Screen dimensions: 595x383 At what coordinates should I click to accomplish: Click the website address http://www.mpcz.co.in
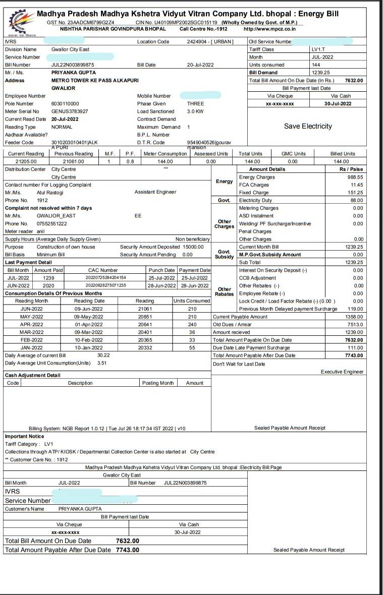click(269, 29)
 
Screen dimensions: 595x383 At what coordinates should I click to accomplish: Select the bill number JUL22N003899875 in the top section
click(73, 65)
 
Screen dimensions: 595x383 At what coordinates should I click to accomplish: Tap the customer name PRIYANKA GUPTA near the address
click(73, 73)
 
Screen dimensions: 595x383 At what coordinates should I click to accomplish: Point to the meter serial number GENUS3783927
click(70, 111)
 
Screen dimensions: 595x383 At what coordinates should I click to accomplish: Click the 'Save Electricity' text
click(308, 126)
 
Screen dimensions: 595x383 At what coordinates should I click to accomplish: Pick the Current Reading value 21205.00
click(26, 161)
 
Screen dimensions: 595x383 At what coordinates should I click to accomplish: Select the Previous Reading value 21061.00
click(74, 161)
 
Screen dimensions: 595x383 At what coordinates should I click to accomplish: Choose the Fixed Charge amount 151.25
click(354, 193)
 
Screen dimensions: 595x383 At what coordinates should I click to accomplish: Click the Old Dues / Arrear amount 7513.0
click(354, 325)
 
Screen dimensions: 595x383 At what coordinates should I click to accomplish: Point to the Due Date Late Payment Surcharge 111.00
click(355, 347)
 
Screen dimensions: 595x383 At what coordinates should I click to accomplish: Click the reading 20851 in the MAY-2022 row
click(145, 317)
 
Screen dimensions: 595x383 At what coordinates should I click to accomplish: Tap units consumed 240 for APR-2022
click(192, 324)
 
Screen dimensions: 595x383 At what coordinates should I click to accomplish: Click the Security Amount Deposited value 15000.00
click(192, 247)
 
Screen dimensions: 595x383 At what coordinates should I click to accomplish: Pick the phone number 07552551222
click(52, 223)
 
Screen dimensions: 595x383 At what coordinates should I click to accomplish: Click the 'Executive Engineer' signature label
click(342, 372)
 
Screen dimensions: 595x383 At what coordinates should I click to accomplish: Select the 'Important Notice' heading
click(24, 436)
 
